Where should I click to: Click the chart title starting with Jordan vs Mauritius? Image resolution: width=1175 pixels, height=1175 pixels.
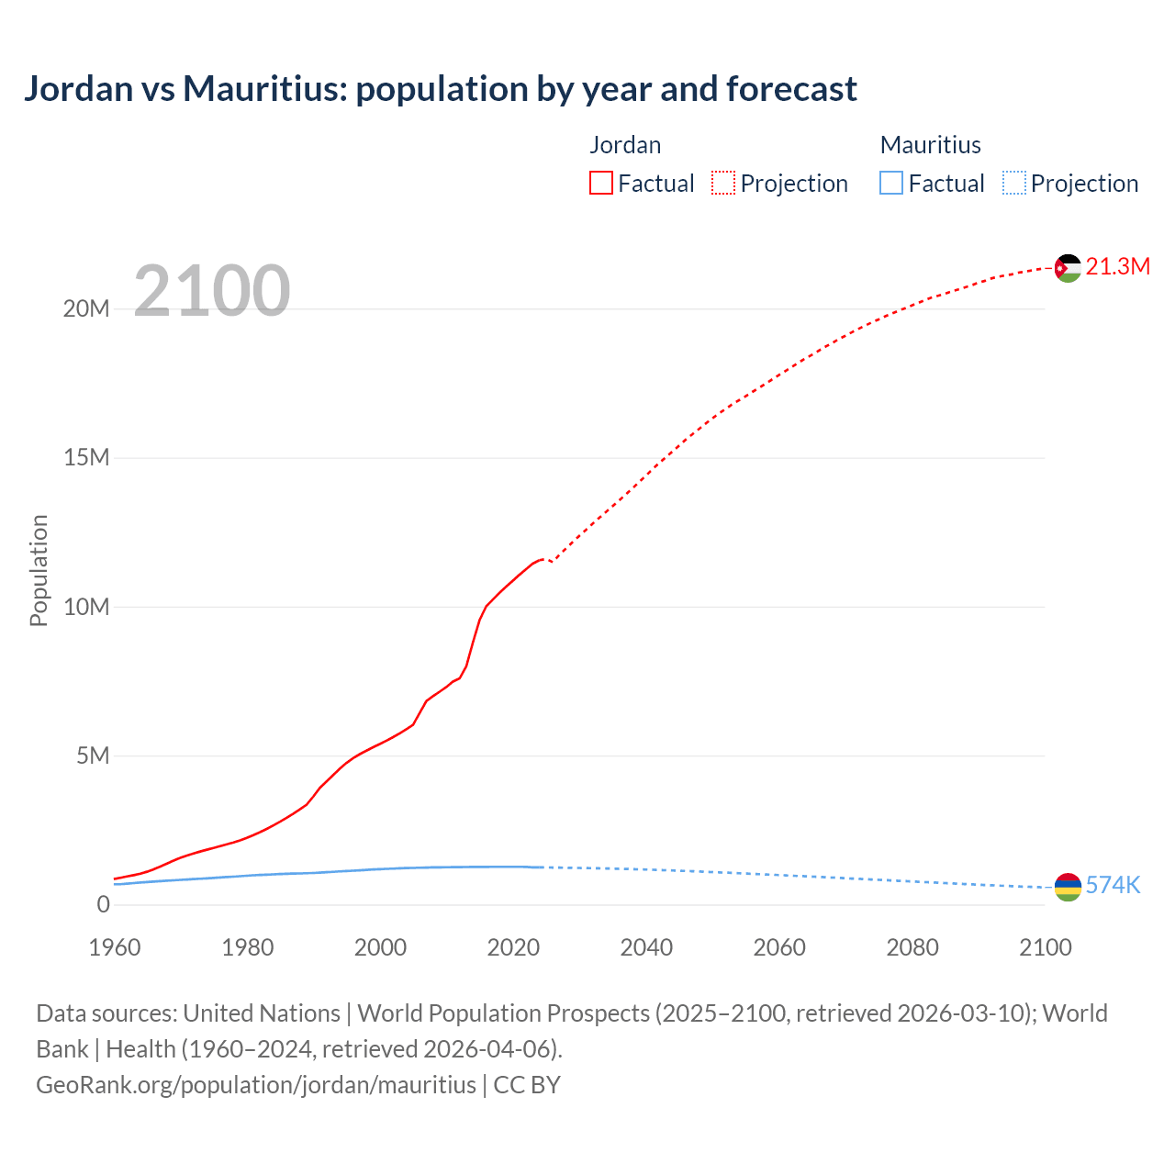440,89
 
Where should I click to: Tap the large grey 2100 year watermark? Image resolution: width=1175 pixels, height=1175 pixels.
212,291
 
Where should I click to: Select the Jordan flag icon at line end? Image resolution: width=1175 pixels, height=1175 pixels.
1068,268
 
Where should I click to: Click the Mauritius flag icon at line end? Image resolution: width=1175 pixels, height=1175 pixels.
1068,887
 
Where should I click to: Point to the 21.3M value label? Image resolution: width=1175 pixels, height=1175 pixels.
1117,267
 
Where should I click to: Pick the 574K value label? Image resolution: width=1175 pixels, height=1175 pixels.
1113,886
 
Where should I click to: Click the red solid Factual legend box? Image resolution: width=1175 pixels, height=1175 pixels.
601,183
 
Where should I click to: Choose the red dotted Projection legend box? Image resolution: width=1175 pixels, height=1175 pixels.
723,183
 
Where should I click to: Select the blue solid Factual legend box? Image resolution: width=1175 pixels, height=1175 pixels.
891,183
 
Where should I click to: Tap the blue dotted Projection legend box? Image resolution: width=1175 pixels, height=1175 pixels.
1014,183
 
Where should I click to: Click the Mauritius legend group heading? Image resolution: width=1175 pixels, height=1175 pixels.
930,145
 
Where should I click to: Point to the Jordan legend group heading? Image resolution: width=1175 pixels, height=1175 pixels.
625,145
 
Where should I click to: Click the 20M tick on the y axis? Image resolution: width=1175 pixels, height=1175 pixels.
86,309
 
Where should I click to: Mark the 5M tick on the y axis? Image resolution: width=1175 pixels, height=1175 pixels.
93,755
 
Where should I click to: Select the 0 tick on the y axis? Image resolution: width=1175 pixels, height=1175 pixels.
103,904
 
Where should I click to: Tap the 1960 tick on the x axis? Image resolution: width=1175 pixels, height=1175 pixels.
115,947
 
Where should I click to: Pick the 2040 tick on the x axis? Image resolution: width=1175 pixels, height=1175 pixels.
646,947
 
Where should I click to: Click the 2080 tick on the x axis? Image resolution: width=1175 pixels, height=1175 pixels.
912,947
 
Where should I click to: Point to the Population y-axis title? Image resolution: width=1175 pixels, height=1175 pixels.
39,570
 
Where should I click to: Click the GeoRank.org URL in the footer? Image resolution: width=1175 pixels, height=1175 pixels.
256,1085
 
